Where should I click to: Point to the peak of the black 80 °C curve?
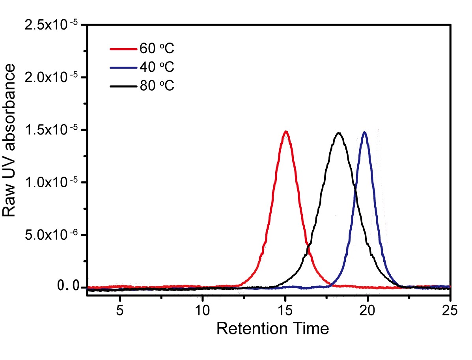pyautogui.click(x=339, y=133)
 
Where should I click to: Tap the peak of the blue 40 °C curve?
pyautogui.click(x=364, y=132)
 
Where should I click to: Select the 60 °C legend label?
pyautogui.click(x=157, y=48)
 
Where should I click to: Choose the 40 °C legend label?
pyautogui.click(x=157, y=67)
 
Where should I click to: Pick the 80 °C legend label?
pyautogui.click(x=157, y=86)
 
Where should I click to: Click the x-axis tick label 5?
pyautogui.click(x=120, y=310)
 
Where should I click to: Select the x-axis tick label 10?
pyautogui.click(x=202, y=310)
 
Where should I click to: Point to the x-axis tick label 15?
pyautogui.click(x=285, y=310)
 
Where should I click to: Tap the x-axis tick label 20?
pyautogui.click(x=368, y=310)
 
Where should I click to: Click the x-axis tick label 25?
pyautogui.click(x=450, y=310)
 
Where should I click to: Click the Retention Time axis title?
pyautogui.click(x=273, y=329)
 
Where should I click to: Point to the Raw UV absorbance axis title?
pyautogui.click(x=9, y=140)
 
